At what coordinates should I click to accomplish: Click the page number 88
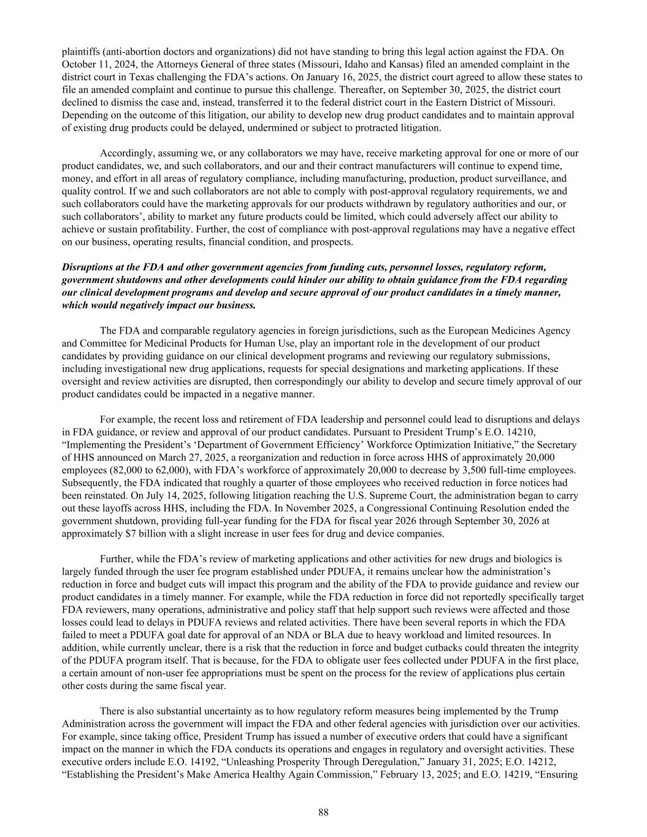tap(323, 812)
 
